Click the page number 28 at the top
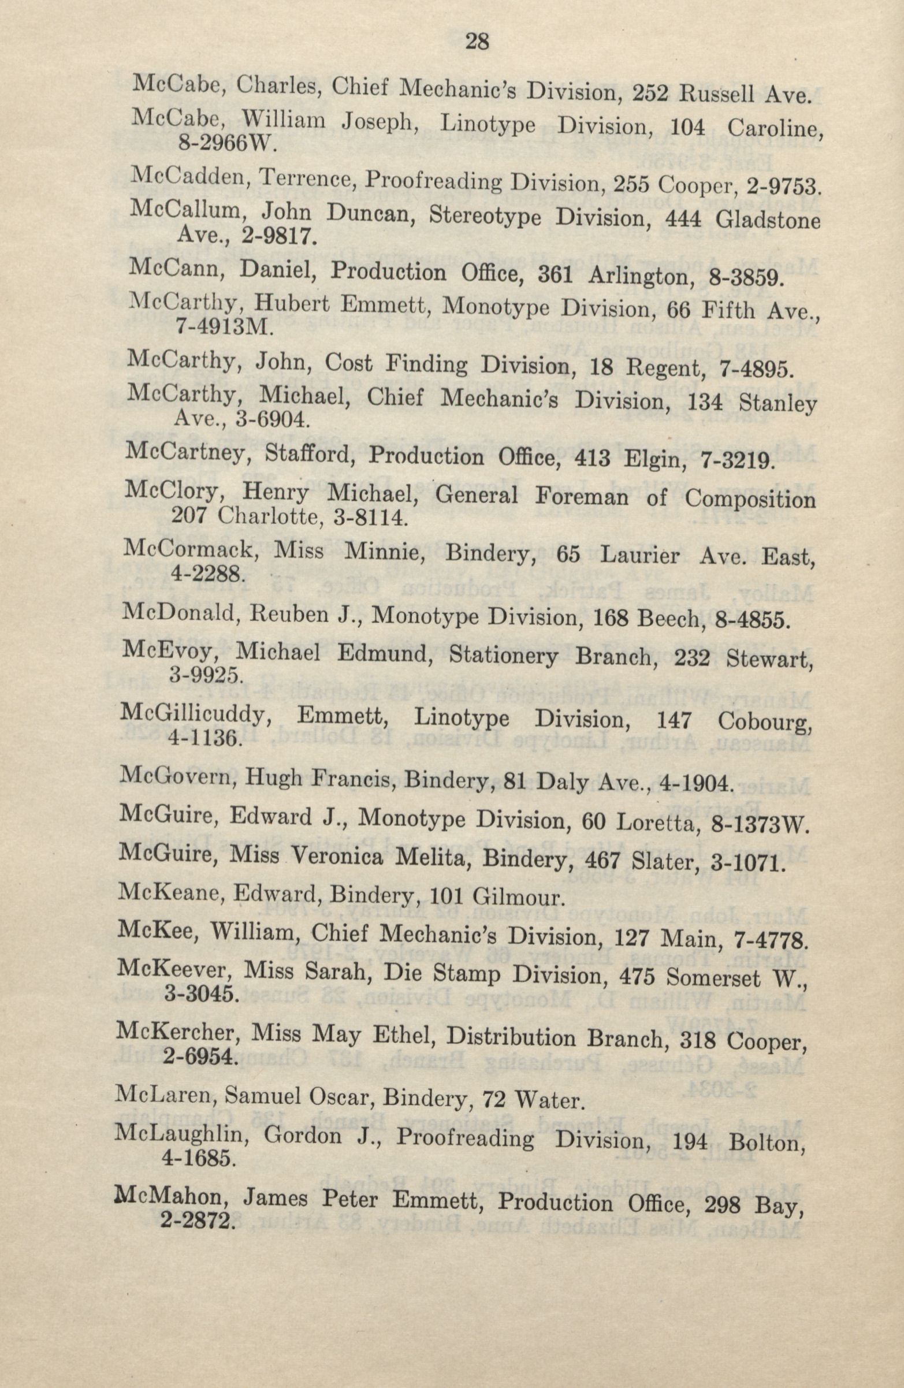click(476, 42)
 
